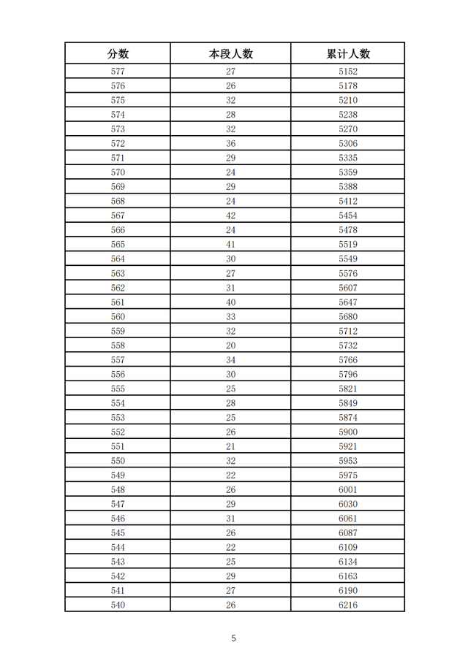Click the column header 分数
pos(118,54)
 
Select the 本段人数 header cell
pos(230,54)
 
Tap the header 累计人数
pos(348,54)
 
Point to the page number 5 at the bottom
pos(234,638)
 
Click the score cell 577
pos(118,72)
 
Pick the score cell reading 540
pos(118,605)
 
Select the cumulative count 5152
pos(348,72)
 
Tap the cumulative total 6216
pos(348,605)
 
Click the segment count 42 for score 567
pos(230,215)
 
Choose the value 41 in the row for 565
pos(230,245)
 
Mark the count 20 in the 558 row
pos(230,345)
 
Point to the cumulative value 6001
pos(348,489)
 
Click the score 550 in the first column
pos(118,461)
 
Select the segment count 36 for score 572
pos(230,144)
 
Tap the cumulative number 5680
pos(348,317)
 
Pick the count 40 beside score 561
pos(230,302)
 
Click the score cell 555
pos(118,389)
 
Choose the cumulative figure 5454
pos(348,215)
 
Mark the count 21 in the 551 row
pos(230,446)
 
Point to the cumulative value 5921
pos(348,446)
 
